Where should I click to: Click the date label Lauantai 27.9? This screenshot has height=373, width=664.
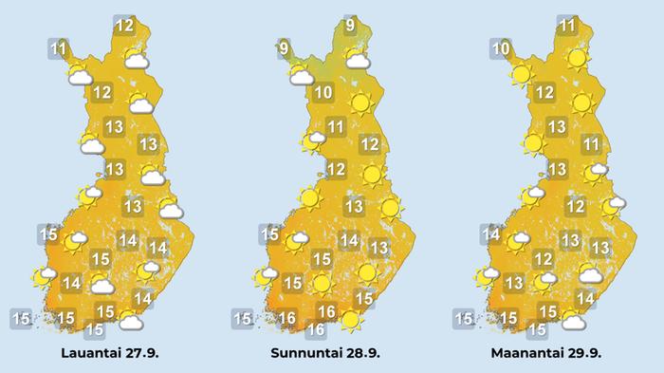point(108,354)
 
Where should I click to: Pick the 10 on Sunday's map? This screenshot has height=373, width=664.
point(323,93)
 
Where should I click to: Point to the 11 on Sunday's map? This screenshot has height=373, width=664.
point(335,127)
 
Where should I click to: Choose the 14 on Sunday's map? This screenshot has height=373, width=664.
point(349,240)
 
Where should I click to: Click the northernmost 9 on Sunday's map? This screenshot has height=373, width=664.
point(349,26)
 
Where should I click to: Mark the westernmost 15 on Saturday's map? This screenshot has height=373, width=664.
point(21,316)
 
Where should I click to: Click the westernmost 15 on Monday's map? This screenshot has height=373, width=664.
point(463,317)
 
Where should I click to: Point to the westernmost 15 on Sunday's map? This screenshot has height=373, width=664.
point(242,317)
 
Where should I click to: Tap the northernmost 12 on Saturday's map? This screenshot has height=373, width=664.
point(124,26)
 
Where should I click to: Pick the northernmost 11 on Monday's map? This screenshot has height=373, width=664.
point(568,26)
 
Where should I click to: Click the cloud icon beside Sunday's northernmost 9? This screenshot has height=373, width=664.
point(358,60)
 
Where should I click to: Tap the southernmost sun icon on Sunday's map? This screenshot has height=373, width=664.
point(351,321)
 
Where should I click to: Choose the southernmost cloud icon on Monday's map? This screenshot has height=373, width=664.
point(572,322)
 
